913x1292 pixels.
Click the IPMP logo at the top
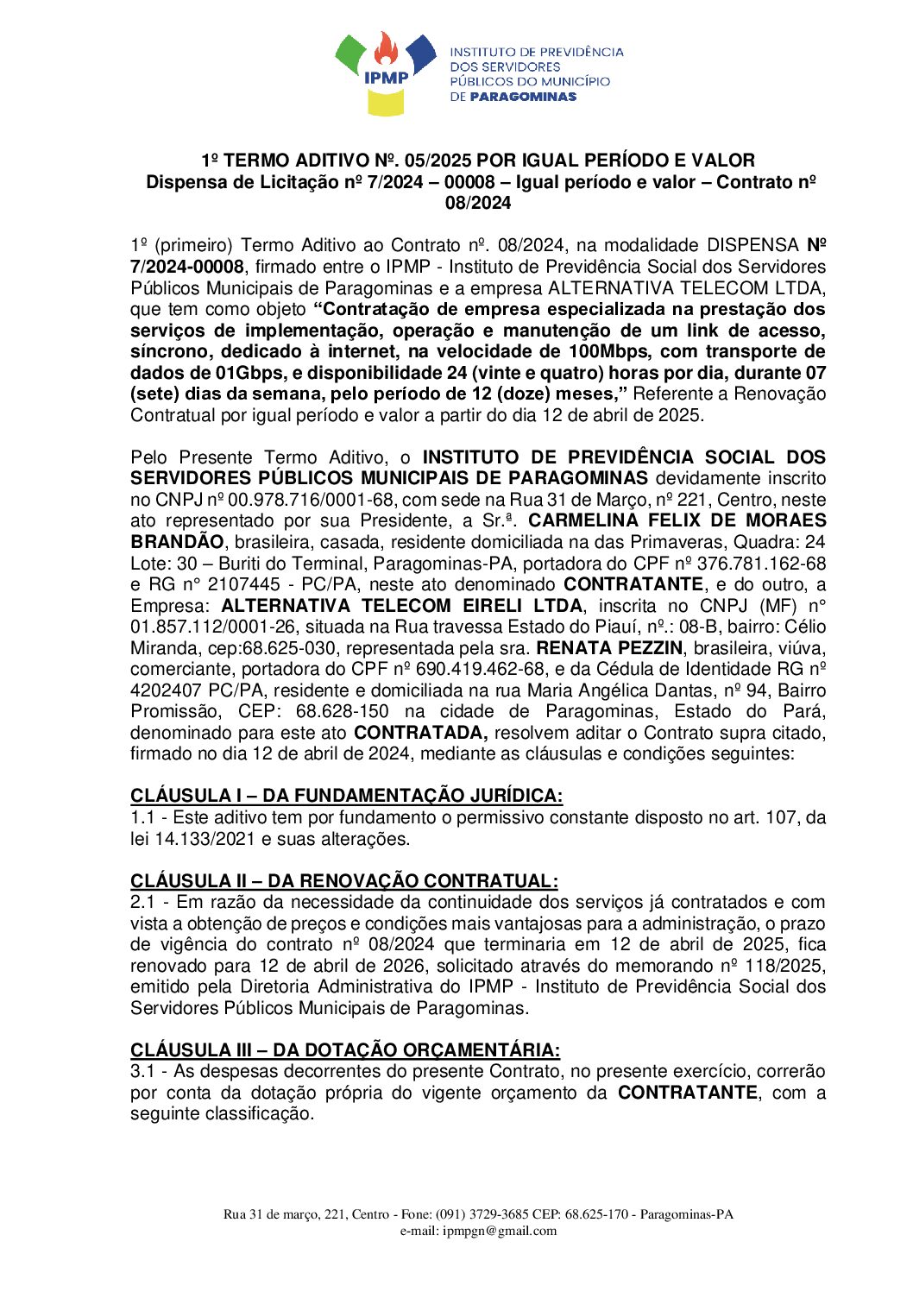385,73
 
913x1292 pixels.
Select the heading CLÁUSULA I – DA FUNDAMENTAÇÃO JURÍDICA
346,796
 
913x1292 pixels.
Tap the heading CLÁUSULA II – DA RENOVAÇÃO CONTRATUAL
343,880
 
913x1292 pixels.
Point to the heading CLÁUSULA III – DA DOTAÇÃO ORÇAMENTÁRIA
345,1049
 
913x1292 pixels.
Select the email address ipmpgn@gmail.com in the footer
500,1231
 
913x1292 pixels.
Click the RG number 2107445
243,584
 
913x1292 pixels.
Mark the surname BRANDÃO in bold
177,542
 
